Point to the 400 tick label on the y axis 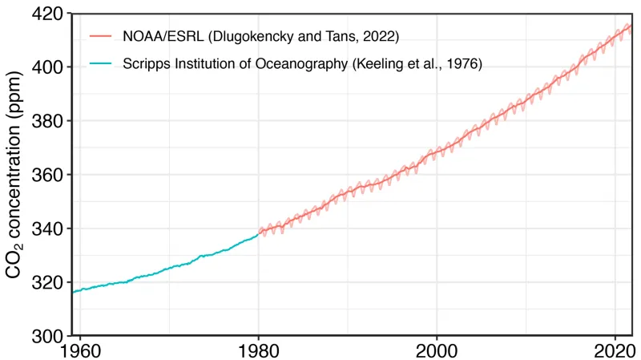tap(48, 67)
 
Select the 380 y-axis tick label tap(48, 121)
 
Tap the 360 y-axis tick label tap(48, 175)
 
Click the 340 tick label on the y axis tap(48, 229)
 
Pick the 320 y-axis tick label tap(48, 282)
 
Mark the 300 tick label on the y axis tap(48, 336)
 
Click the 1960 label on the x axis tap(81, 350)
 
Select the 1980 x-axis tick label tap(259, 350)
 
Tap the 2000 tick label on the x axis tap(437, 350)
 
